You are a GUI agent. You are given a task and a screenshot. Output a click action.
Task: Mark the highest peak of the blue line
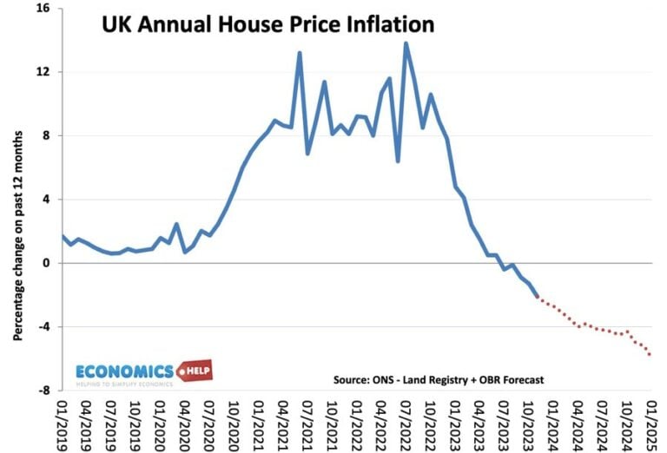click(406, 43)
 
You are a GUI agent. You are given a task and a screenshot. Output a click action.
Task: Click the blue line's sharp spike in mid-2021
click(300, 53)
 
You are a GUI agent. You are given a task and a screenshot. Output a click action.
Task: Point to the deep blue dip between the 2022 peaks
click(397, 161)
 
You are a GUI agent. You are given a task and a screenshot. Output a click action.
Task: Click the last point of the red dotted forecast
click(650, 354)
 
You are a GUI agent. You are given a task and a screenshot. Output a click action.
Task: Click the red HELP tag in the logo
click(195, 371)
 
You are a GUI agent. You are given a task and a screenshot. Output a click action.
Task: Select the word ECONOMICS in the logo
click(124, 371)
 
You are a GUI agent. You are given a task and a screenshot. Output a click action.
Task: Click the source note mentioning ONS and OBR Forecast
click(438, 379)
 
